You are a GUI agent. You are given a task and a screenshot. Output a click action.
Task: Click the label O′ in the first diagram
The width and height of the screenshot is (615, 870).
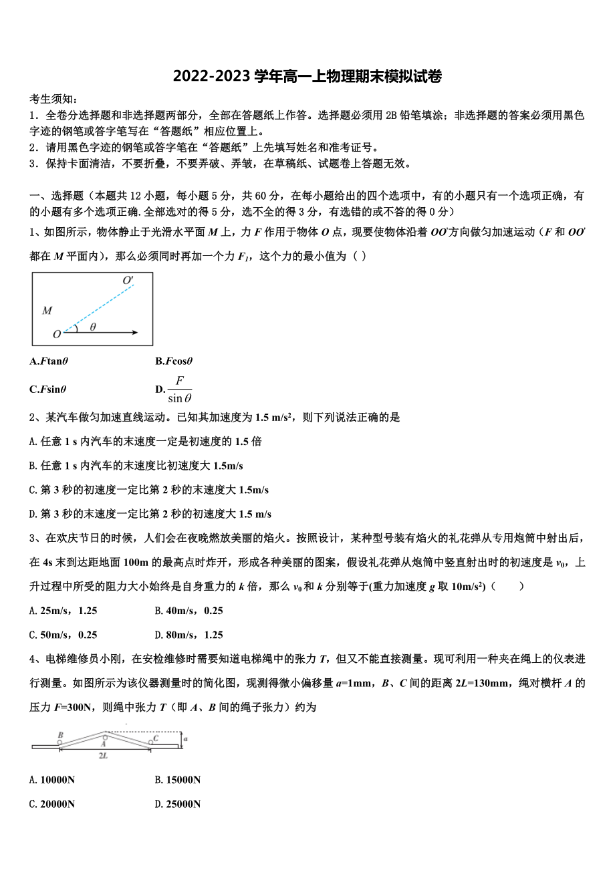click(128, 281)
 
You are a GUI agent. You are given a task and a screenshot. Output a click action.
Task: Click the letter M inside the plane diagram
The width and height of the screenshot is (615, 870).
click(47, 310)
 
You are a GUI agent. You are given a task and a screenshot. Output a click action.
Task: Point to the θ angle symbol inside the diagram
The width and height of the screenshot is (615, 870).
click(93, 327)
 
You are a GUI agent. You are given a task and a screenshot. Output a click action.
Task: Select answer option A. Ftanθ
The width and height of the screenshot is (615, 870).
click(49, 361)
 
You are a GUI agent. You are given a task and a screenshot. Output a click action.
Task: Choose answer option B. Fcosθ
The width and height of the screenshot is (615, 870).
click(174, 361)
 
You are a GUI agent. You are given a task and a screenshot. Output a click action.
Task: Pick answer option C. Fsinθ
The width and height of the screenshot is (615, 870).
click(48, 390)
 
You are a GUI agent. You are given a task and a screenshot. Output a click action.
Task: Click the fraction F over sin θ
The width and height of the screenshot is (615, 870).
click(179, 390)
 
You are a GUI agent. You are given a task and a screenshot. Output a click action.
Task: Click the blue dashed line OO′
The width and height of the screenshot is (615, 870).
click(100, 307)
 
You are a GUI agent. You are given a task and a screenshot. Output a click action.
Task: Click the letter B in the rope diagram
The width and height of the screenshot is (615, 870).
click(60, 735)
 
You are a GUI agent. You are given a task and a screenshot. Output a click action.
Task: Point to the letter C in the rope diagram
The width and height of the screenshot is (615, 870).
click(156, 738)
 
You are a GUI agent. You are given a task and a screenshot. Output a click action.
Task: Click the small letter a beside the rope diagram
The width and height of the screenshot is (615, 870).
click(185, 738)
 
